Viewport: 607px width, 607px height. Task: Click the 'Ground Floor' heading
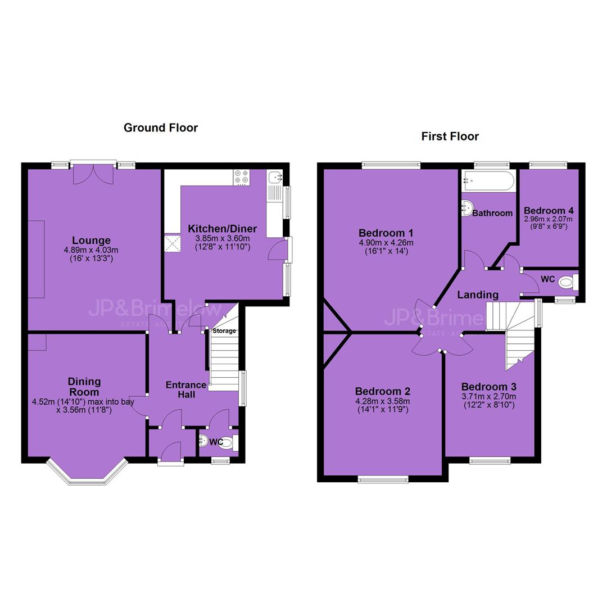[x=161, y=128]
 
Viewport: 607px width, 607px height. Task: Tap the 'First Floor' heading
[x=450, y=136]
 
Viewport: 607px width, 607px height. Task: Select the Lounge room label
[x=92, y=241]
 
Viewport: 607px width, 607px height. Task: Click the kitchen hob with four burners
[x=242, y=178]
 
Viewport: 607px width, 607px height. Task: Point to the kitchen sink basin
[x=275, y=177]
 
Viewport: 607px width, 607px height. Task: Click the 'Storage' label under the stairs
[x=224, y=331]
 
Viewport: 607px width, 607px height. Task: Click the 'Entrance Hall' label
[x=186, y=390]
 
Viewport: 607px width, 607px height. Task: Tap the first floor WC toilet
[x=568, y=282]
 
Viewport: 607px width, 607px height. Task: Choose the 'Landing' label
[x=478, y=295]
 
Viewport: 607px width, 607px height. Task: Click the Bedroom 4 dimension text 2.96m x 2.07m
[x=549, y=219]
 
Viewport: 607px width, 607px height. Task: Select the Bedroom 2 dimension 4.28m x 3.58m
[x=383, y=401]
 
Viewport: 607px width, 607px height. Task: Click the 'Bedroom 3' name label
[x=489, y=387]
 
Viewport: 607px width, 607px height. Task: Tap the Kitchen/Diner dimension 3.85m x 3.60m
[x=223, y=238]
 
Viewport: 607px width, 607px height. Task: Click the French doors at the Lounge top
[x=93, y=173]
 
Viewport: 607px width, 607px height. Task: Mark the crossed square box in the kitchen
[x=173, y=244]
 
